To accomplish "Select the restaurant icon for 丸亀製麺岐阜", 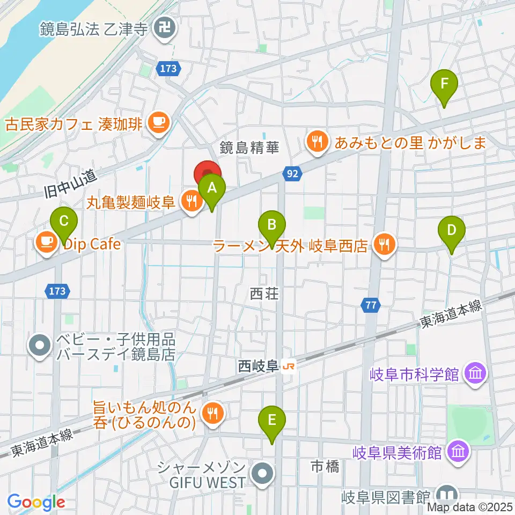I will click(190, 202).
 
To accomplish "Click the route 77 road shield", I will click(370, 305).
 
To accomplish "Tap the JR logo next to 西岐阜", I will click(289, 367).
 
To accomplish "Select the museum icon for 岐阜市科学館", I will click(475, 373).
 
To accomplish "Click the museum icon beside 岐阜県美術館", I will click(459, 451).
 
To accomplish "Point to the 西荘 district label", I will click(265, 293).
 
